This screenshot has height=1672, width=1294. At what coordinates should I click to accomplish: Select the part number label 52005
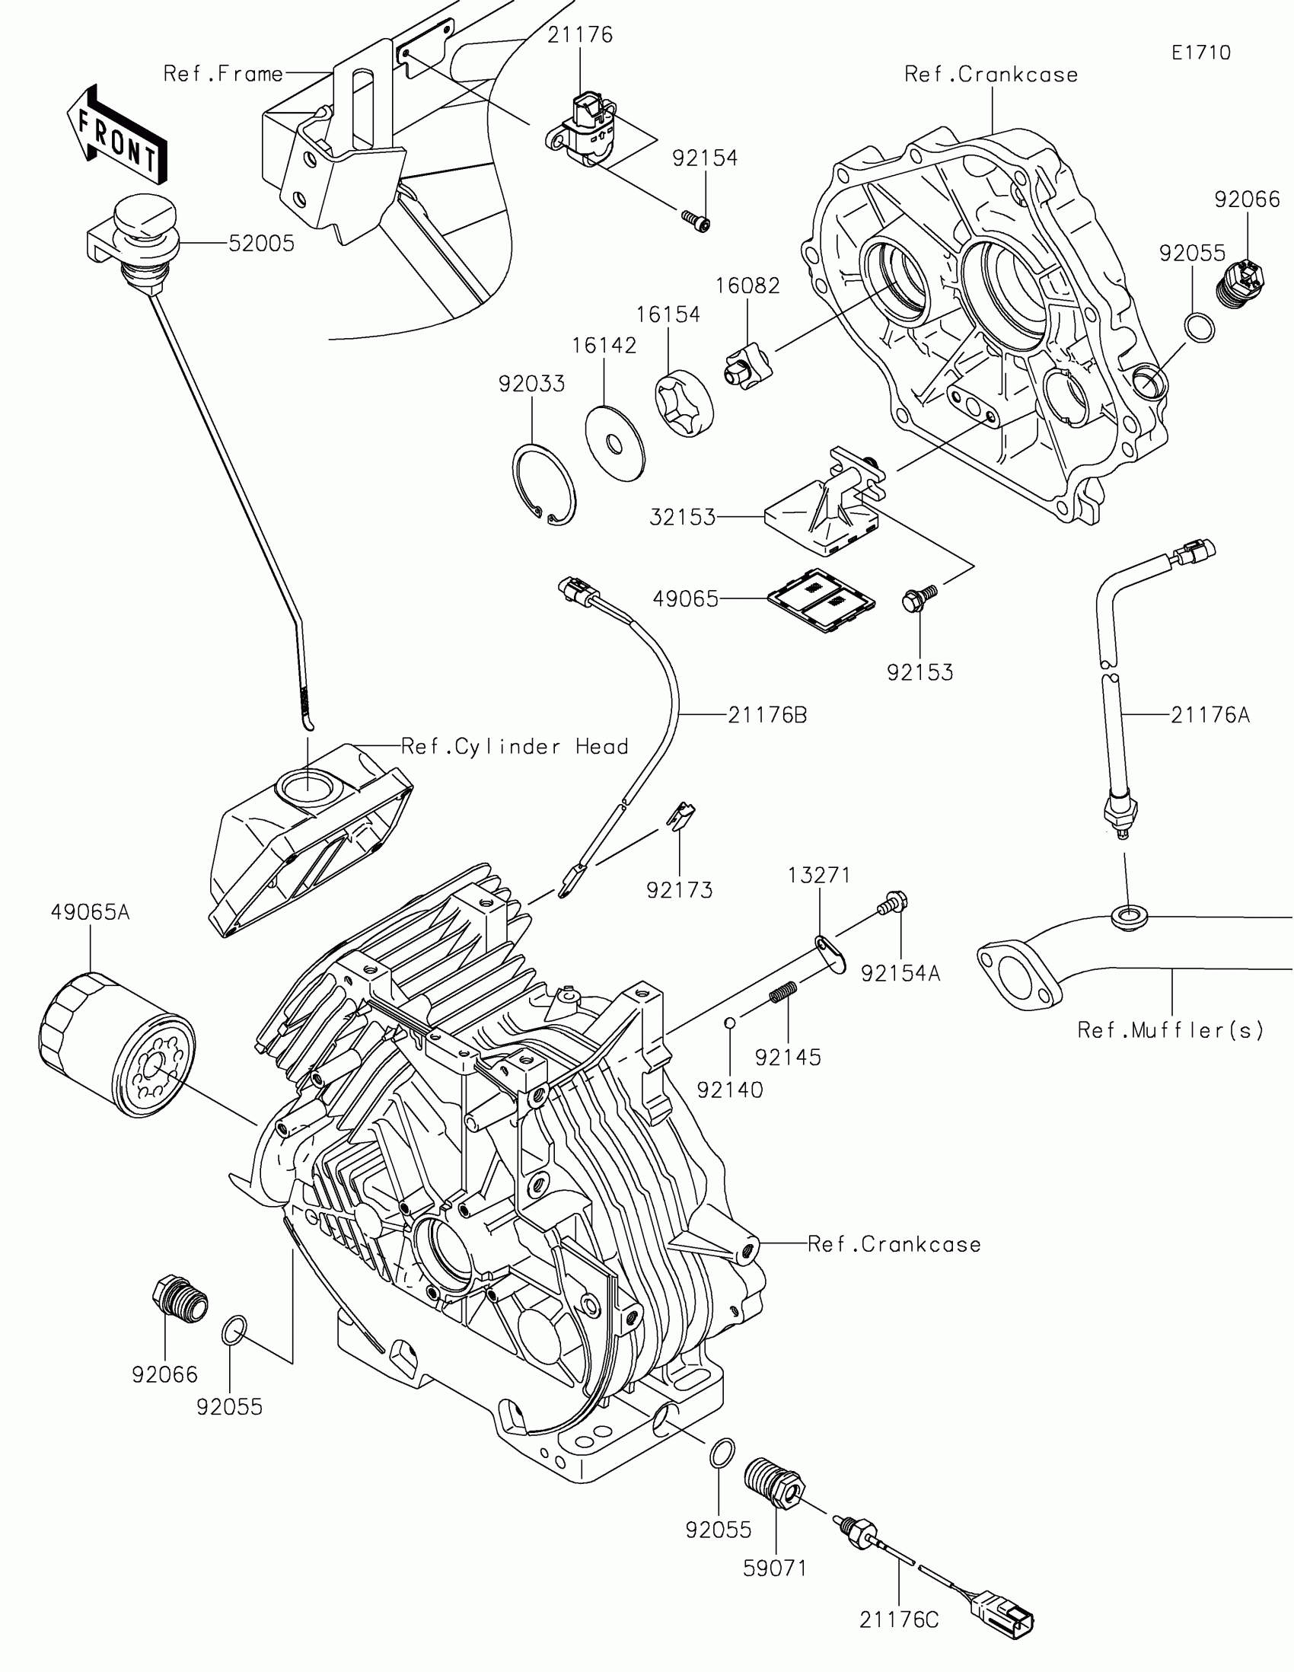coord(262,244)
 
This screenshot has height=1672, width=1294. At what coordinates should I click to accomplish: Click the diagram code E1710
coord(1200,53)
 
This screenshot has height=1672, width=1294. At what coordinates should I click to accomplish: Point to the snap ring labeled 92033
coord(543,485)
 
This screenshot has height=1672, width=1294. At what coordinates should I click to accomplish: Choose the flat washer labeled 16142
coord(614,443)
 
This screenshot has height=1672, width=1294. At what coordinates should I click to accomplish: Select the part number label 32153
coord(683,518)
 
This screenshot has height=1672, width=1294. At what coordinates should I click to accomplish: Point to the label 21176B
coord(767,715)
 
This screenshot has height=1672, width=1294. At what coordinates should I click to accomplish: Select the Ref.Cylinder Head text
coord(515,746)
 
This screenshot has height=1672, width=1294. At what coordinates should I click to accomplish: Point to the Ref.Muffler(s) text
coord(1170,1030)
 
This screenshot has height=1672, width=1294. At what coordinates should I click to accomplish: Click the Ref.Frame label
coord(224,75)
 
